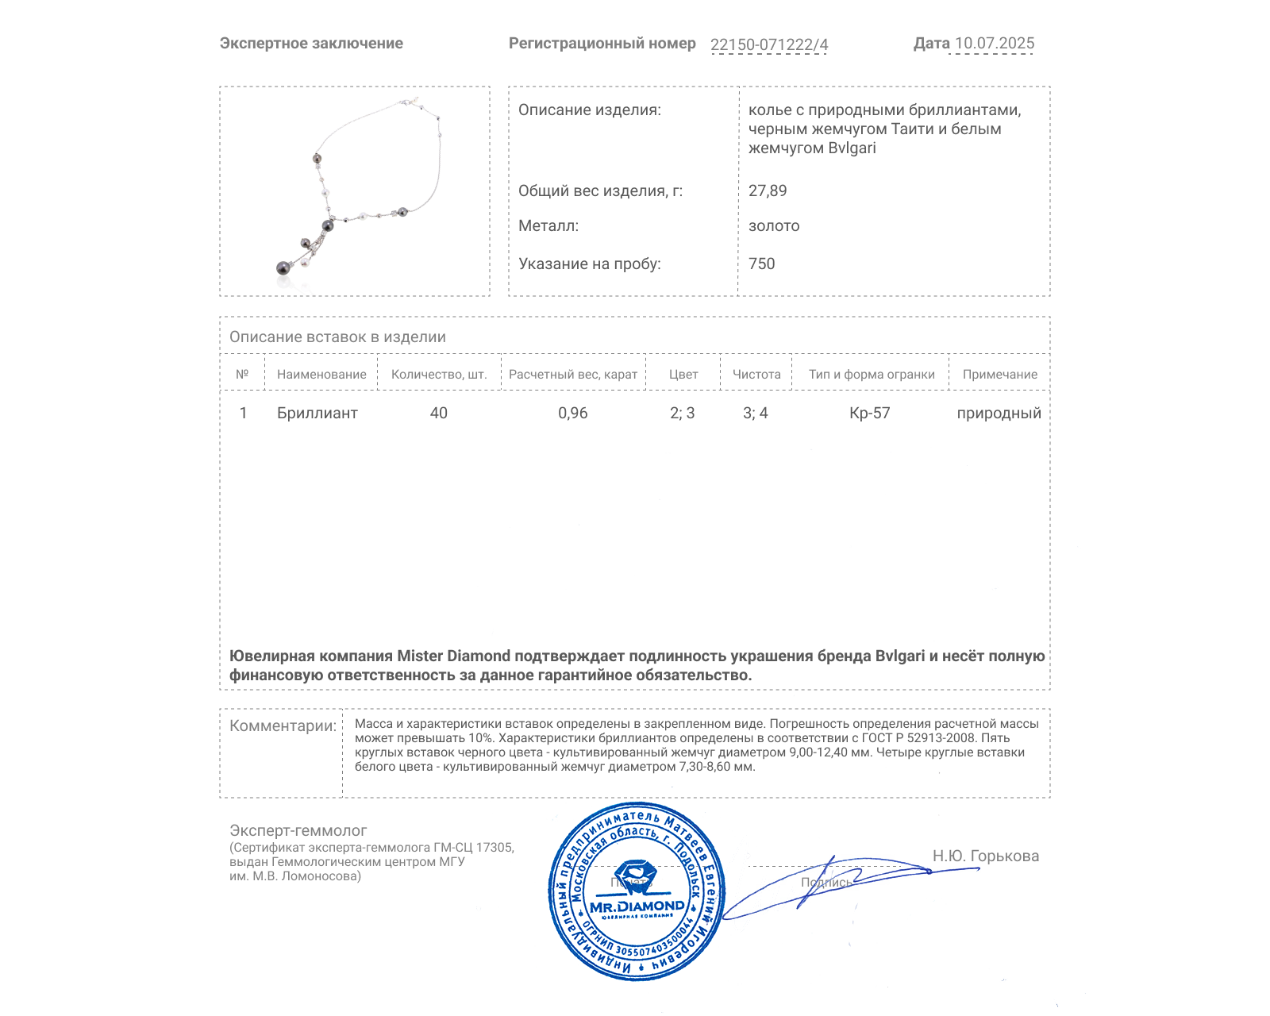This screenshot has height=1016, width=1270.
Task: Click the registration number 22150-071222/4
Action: click(768, 44)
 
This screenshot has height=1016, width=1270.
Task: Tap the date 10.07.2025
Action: click(994, 44)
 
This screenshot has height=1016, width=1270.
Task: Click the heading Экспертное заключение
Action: click(311, 44)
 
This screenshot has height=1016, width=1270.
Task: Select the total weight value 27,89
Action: click(768, 190)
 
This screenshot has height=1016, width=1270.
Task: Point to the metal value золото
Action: click(774, 226)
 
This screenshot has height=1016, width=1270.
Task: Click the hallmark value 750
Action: click(761, 264)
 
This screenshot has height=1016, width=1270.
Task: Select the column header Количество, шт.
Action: click(439, 375)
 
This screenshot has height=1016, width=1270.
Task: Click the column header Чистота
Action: click(756, 375)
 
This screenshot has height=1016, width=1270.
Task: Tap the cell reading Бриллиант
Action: click(317, 413)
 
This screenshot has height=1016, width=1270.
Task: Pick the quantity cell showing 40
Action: click(439, 413)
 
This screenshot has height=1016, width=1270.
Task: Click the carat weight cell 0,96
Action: click(573, 413)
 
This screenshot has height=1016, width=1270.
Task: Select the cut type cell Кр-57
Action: click(870, 413)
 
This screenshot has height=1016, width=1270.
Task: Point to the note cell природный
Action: click(999, 413)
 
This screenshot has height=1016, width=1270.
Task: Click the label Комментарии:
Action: click(283, 725)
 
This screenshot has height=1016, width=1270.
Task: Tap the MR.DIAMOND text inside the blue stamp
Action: click(637, 906)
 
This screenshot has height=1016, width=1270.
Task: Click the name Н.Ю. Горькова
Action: click(985, 856)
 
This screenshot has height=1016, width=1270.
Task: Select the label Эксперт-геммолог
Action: click(298, 830)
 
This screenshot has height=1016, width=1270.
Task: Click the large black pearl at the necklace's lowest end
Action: click(283, 267)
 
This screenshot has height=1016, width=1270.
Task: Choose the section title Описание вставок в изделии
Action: click(337, 337)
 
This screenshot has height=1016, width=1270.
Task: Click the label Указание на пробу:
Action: click(589, 264)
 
